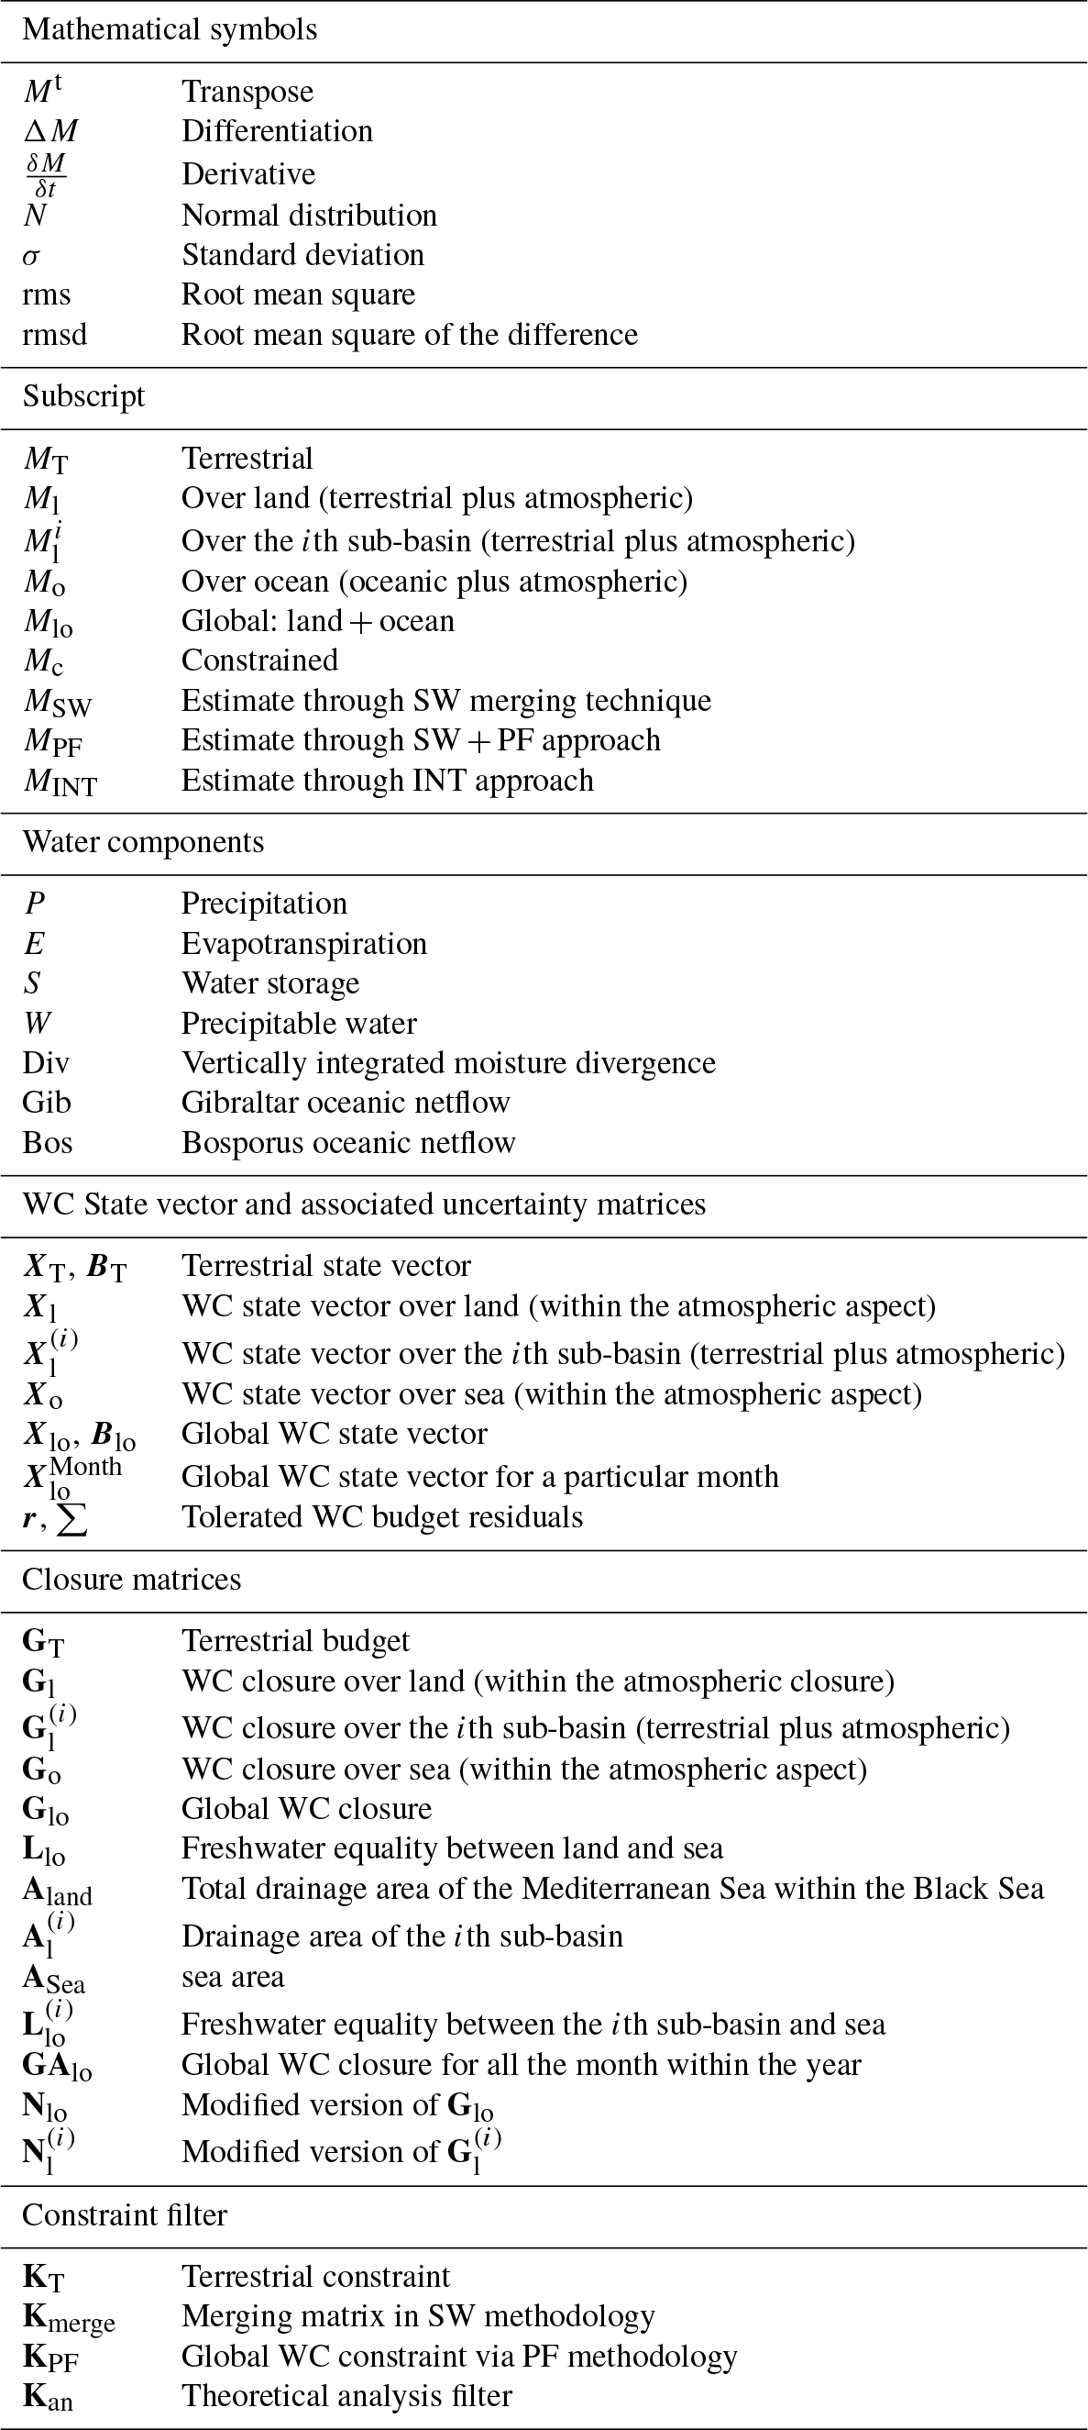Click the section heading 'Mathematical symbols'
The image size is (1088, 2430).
coord(170,29)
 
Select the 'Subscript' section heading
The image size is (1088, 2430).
coord(84,396)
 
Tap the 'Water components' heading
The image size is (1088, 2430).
coord(142,841)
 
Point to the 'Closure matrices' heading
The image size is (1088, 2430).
coord(131,1579)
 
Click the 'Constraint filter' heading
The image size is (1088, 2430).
coord(125,2214)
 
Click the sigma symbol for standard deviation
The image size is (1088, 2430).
coord(31,257)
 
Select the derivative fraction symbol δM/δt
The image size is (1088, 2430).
coord(44,174)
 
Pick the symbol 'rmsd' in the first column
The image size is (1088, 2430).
coord(55,335)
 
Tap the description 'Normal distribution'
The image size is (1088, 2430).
coord(309,215)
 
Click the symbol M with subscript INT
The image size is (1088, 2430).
coord(60,782)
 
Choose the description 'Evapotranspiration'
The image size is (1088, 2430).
coord(303,943)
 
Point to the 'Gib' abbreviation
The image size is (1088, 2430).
coord(46,1102)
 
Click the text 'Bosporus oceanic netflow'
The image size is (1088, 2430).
coord(348,1142)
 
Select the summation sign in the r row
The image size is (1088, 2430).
coord(72,1518)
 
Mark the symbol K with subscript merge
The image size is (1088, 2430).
coord(68,2318)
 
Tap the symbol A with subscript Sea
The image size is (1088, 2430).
coord(54,1977)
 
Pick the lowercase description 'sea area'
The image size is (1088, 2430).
coord(233,1976)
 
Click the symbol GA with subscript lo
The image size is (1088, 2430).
coord(57,2065)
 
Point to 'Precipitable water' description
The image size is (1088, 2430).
coord(299,1024)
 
